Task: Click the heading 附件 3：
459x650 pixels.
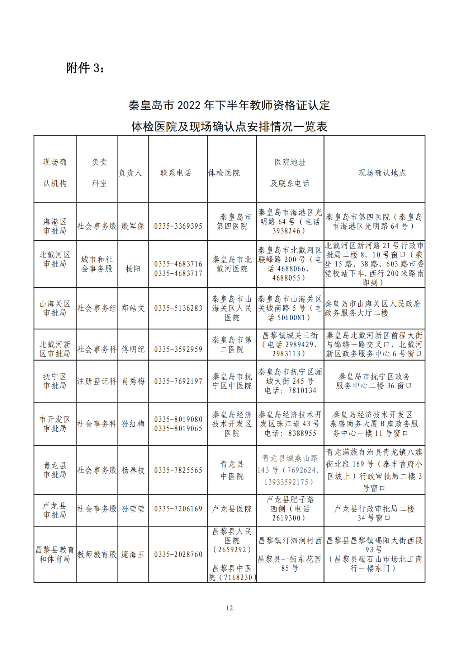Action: pos(85,68)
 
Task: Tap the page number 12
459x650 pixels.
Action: pos(229,608)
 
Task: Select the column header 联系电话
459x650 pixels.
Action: pos(176,173)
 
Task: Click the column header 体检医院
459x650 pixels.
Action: pos(224,173)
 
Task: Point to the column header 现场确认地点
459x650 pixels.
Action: pos(382,173)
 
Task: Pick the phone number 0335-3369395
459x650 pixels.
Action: pos(178,226)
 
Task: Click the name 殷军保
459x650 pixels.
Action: pos(133,226)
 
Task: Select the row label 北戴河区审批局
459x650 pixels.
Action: pos(55,259)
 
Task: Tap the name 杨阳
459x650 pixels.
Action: pos(133,269)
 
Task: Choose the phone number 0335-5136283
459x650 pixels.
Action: pos(178,308)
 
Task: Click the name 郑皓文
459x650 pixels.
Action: pos(133,308)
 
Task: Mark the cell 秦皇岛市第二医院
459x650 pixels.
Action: pos(232,344)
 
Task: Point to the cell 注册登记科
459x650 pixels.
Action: pos(97,381)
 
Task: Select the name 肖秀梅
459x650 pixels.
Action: pos(133,381)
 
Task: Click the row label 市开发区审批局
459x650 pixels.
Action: pos(55,424)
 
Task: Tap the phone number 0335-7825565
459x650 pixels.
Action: pos(178,470)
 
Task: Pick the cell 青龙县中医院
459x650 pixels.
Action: pos(232,470)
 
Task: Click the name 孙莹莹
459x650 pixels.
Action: pos(133,509)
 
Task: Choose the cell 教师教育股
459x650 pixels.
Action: pos(97,554)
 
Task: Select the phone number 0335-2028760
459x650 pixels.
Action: pos(178,554)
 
